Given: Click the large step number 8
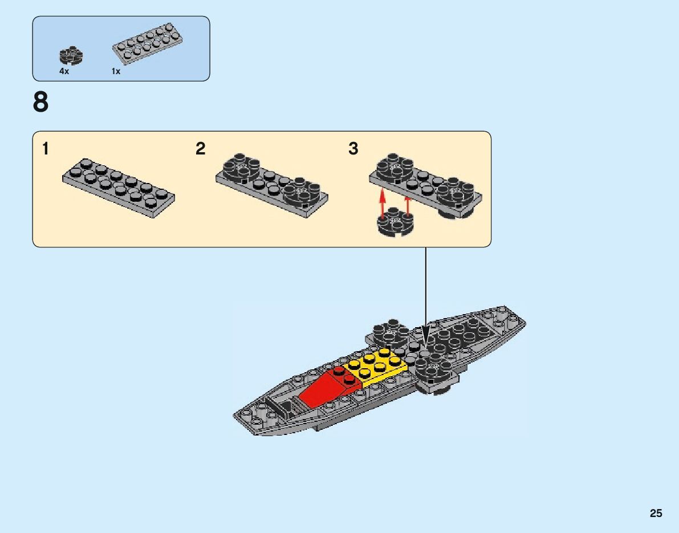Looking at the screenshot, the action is coord(41,103).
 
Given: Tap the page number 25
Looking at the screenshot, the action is coord(656,514).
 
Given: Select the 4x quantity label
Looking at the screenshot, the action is coord(64,72).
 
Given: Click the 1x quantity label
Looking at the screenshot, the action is coord(116,72).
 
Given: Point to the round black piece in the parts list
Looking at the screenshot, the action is coord(71,55).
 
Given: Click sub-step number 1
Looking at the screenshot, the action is coord(45,149).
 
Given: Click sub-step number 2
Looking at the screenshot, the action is coord(200,149).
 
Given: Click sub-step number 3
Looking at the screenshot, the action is coord(353,149).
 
